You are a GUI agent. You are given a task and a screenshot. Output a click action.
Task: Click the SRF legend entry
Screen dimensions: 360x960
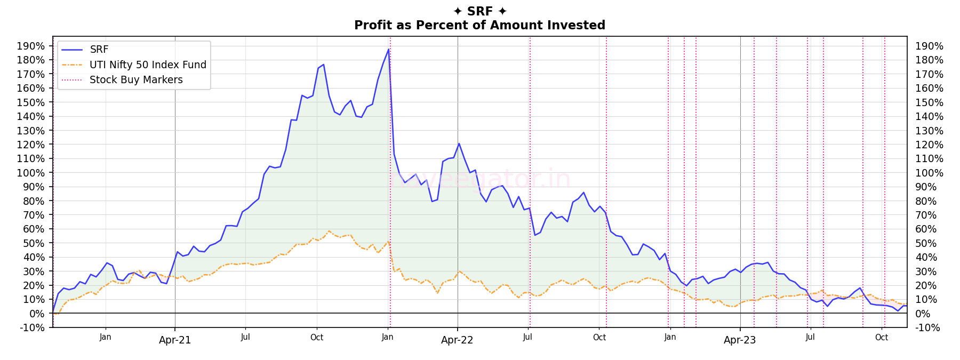pyautogui.click(x=99, y=50)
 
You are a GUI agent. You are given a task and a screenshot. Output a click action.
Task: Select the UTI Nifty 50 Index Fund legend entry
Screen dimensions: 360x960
pyautogui.click(x=148, y=65)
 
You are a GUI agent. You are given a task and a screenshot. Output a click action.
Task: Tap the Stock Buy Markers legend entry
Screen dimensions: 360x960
pyautogui.click(x=136, y=79)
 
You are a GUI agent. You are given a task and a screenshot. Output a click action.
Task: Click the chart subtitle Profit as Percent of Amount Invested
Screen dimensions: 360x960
pyautogui.click(x=479, y=25)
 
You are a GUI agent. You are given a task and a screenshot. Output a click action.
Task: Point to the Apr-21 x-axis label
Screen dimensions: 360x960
pyautogui.click(x=175, y=340)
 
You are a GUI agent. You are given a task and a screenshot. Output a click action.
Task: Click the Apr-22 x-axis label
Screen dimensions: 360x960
pyautogui.click(x=457, y=340)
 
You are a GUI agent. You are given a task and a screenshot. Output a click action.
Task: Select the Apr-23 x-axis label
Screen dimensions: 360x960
pyautogui.click(x=740, y=340)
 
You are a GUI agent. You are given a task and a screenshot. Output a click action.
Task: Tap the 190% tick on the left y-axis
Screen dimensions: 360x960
pyautogui.click(x=31, y=46)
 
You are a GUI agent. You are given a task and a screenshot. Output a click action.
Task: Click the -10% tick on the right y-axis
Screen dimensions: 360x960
pyautogui.click(x=927, y=327)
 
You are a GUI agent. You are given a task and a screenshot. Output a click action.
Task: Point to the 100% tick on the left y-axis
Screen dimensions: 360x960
pyautogui.click(x=31, y=173)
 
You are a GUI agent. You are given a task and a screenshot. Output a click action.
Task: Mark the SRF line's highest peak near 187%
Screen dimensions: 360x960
pyautogui.click(x=388, y=50)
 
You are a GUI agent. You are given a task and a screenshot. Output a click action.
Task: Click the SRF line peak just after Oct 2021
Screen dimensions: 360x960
pyautogui.click(x=323, y=65)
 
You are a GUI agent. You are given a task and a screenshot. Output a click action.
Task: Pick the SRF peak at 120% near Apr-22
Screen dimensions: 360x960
pyautogui.click(x=459, y=143)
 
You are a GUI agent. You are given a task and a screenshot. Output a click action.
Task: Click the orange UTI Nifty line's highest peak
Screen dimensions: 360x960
pyautogui.click(x=329, y=231)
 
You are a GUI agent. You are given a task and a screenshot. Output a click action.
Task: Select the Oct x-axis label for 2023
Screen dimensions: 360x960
pyautogui.click(x=882, y=337)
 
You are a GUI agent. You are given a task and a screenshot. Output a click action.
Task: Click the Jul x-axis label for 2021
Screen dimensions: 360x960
pyautogui.click(x=245, y=337)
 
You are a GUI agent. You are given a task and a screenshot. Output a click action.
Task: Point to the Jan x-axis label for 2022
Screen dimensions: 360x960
pyautogui.click(x=388, y=337)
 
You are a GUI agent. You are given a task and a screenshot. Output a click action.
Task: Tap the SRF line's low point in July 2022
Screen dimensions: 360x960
pyautogui.click(x=534, y=235)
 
